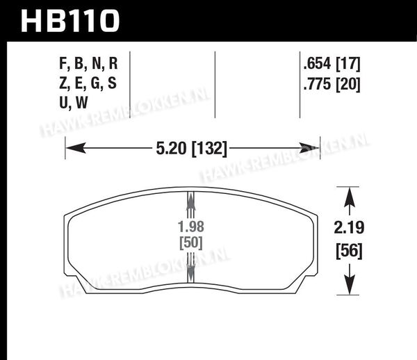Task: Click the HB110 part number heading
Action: pos(70,21)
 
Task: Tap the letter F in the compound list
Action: pos(63,63)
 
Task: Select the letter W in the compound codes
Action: pos(81,103)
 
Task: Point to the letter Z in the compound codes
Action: pos(63,83)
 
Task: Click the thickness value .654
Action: pos(317,64)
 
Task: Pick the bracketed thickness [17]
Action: pos(348,64)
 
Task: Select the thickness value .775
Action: pos(317,84)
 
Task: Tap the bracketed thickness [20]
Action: pos(348,84)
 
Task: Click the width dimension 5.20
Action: pos(171,148)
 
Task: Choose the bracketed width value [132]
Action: pos(210,148)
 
